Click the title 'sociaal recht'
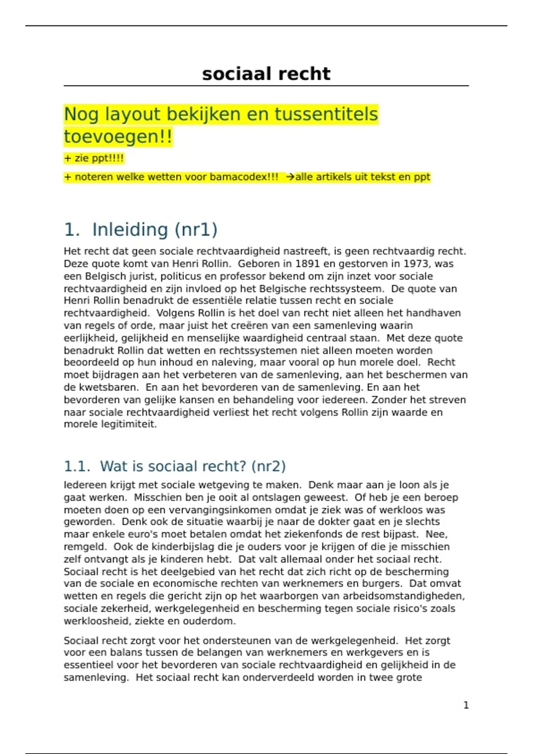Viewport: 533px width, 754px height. point(266,74)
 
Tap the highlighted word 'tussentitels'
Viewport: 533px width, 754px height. point(326,114)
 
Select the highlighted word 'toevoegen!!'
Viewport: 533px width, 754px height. point(118,137)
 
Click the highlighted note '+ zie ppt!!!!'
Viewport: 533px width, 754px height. point(94,158)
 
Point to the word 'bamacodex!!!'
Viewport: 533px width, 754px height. point(244,177)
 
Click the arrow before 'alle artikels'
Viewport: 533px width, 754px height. point(290,177)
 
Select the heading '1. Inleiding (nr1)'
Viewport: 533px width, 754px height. point(141,230)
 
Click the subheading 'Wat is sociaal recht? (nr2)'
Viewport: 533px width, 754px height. point(193,467)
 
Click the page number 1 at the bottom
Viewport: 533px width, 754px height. point(466,705)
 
